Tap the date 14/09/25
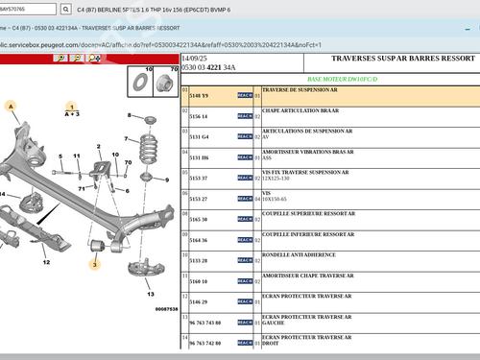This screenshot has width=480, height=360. [195, 59]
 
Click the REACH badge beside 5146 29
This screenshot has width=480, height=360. [245, 302]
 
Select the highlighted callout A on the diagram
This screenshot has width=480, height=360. [12, 105]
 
